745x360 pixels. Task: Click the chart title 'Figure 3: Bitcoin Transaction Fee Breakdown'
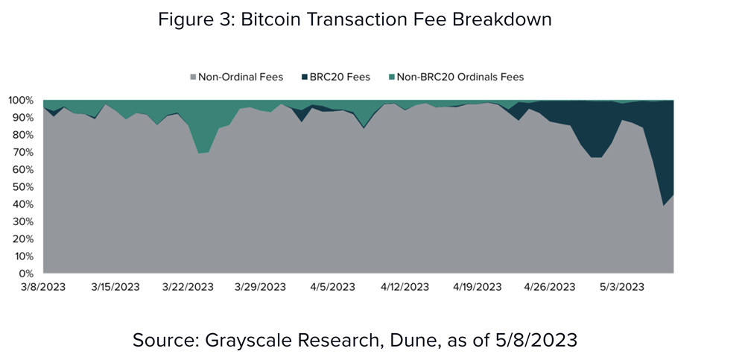click(x=355, y=19)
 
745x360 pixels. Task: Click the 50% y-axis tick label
click(x=23, y=187)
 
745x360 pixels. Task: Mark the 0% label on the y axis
click(x=27, y=274)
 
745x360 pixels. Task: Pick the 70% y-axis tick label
click(x=23, y=152)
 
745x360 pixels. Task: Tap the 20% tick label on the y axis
click(x=23, y=239)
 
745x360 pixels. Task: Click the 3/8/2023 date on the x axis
click(x=43, y=287)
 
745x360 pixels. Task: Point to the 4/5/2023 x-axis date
click(x=332, y=287)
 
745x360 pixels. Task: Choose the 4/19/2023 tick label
click(x=478, y=287)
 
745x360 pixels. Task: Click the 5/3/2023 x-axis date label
click(x=621, y=287)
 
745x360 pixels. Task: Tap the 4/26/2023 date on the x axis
click(x=550, y=287)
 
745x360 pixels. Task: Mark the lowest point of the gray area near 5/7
click(x=664, y=206)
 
